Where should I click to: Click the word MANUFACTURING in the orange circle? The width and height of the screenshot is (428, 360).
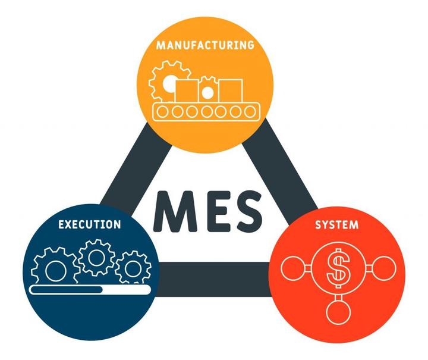(205, 45)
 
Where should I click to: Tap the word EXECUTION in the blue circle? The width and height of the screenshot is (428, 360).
(90, 224)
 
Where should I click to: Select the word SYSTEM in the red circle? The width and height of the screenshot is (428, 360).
(336, 225)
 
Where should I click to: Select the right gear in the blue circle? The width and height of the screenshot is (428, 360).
(131, 268)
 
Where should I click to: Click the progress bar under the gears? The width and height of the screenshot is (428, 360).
(89, 290)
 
